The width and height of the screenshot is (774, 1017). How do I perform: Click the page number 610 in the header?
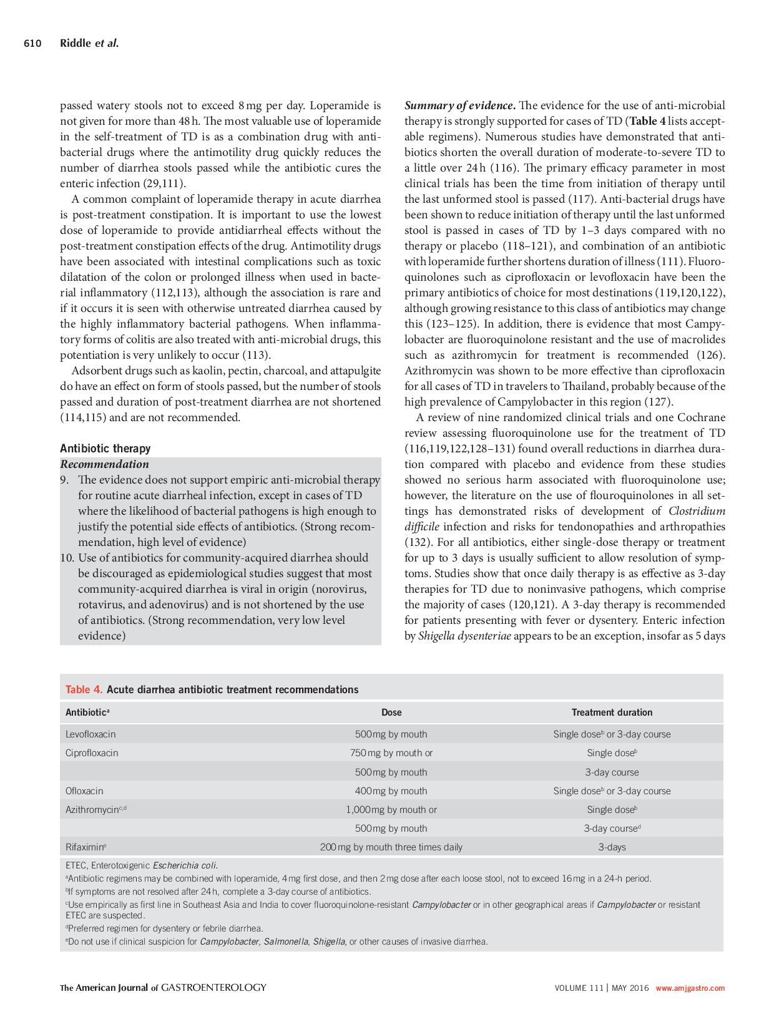tap(32, 43)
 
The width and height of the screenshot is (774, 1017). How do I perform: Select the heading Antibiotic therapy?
tap(105, 448)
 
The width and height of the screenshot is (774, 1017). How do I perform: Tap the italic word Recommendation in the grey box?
tap(104, 464)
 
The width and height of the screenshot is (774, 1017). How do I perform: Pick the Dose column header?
tap(391, 712)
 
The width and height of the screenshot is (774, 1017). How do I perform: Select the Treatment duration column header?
tap(612, 712)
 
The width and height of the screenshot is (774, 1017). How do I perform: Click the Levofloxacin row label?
tap(91, 734)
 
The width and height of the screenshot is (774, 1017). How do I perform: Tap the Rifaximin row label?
tap(86, 847)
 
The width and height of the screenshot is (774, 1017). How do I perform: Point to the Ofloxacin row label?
tap(84, 791)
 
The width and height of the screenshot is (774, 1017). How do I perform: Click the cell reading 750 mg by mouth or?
tap(391, 752)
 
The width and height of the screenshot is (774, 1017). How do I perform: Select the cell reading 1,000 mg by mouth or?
tap(391, 809)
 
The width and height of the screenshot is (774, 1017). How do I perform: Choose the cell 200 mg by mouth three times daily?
tap(391, 847)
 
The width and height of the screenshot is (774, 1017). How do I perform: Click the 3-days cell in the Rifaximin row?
tap(612, 847)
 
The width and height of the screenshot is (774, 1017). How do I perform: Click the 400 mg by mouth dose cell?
tap(391, 791)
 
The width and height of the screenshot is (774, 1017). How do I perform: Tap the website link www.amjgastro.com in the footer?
tap(690, 988)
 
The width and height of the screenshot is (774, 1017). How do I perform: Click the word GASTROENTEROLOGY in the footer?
tap(213, 987)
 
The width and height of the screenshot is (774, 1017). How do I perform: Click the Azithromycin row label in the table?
tap(94, 809)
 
